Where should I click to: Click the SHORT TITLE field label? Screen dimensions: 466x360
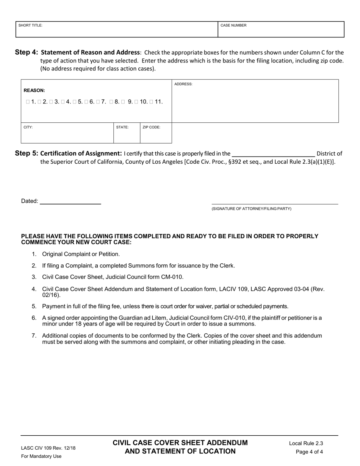click(30, 25)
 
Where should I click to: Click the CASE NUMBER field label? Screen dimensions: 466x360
click(233, 25)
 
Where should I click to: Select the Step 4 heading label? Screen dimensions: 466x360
click(27, 52)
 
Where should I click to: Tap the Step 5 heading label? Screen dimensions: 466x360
click(27, 153)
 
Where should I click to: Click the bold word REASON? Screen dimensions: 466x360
click(34, 91)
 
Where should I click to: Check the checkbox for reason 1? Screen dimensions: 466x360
click(28, 102)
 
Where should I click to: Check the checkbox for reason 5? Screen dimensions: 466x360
click(75, 102)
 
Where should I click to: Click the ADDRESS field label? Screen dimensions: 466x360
click(183, 84)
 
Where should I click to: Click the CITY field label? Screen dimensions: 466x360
click(28, 127)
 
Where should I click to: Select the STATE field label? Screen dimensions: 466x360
click(122, 127)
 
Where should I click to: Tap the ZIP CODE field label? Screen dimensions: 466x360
click(151, 127)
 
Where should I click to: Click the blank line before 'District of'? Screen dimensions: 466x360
click(273, 153)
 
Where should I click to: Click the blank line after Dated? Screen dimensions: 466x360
click(70, 201)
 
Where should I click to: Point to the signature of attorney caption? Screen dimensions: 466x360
click(251, 209)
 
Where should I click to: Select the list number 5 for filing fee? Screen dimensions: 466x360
click(34, 306)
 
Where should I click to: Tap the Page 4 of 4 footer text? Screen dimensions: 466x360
click(309, 452)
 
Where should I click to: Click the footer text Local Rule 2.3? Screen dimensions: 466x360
click(306, 443)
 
